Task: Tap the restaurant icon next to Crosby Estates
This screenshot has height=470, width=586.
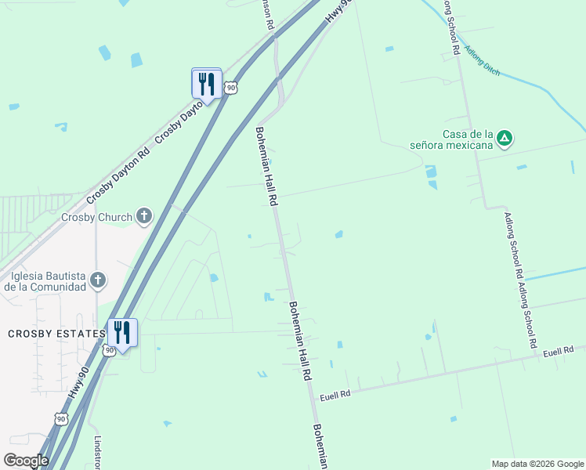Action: pos(121,331)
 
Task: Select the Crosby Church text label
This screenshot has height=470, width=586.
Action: pos(97,216)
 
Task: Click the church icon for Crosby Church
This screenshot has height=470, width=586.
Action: pos(143,216)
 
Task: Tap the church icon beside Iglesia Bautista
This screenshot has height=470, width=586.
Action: pos(98,280)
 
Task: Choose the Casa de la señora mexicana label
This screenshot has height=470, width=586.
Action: pos(452,139)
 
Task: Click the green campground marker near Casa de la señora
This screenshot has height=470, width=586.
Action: pos(505,139)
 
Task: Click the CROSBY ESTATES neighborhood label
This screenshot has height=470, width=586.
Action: pos(56,334)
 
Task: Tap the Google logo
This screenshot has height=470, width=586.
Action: pos(26,460)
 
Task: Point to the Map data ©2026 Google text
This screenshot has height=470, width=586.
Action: pos(537,464)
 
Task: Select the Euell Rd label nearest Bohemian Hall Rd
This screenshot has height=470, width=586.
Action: pos(335,394)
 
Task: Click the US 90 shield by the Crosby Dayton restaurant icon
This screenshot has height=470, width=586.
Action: pos(230,88)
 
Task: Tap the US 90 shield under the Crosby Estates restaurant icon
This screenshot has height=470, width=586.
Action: pos(109,349)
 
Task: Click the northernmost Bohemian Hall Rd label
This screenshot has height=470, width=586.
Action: pos(266,166)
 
